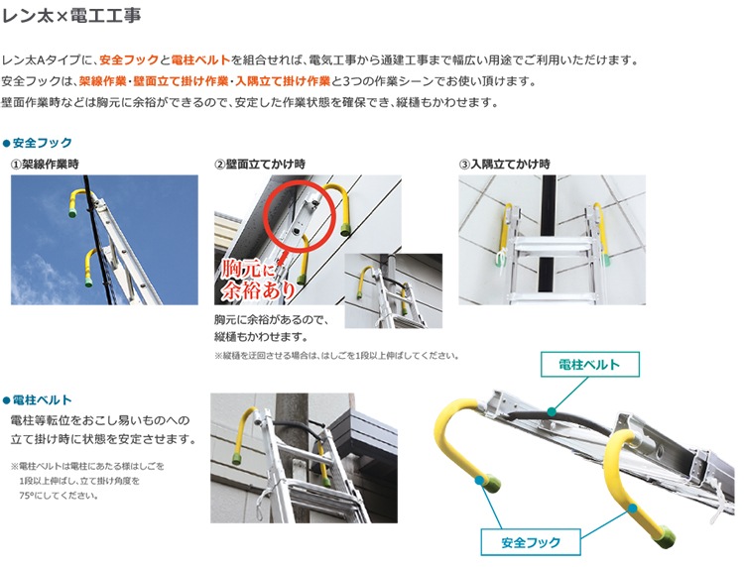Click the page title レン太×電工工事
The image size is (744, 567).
tap(71, 16)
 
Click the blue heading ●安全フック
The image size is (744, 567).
tap(38, 143)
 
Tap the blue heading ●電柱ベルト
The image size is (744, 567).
tap(38, 400)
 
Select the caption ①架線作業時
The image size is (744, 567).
tap(45, 165)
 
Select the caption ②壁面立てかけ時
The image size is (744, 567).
tap(260, 165)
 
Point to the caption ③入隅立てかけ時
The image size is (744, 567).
tap(505, 165)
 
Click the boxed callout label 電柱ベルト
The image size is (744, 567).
tap(590, 365)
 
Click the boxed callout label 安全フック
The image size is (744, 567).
tap(531, 542)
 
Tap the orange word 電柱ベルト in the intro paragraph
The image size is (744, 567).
tap(200, 60)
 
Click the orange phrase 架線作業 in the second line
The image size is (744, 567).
tap(102, 81)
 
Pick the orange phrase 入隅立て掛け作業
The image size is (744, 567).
tap(283, 81)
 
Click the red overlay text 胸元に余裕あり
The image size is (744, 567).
tap(257, 281)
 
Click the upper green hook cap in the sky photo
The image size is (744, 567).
tap(72, 213)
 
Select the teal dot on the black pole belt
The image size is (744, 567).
tap(551, 411)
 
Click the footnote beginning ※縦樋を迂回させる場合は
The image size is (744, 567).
tap(336, 356)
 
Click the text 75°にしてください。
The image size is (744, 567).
tap(59, 496)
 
